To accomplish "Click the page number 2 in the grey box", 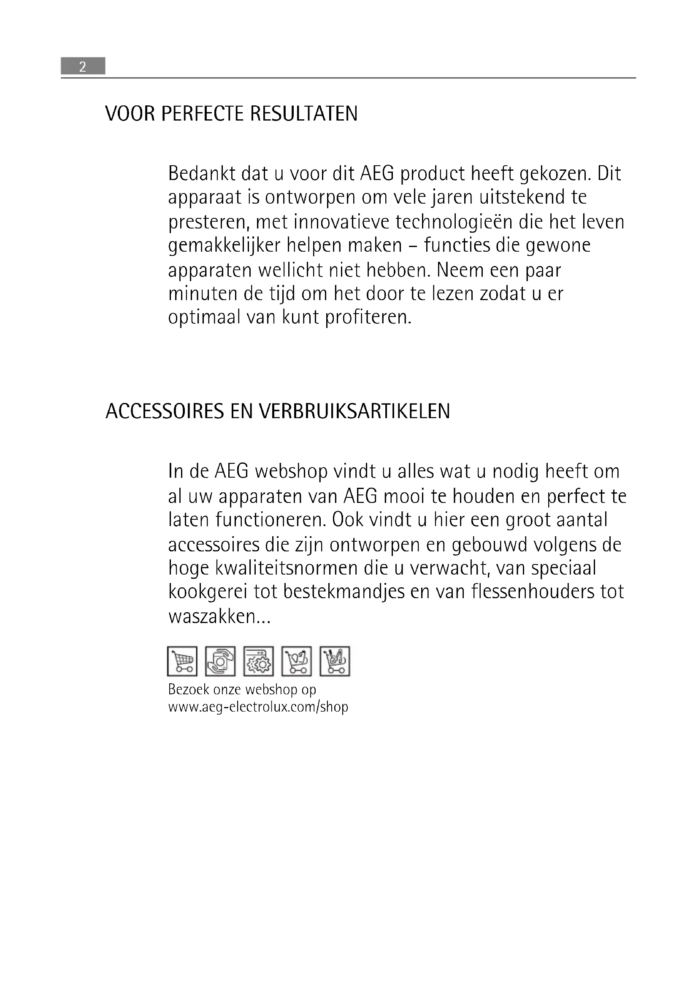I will tap(83, 67).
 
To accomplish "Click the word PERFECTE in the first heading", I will tap(203, 114).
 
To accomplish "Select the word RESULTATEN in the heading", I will tap(304, 114).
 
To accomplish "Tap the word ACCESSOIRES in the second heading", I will tap(165, 411).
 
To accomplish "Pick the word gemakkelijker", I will tap(225, 246).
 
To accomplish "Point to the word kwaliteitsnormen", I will tap(263, 568).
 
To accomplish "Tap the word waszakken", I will tap(219, 617).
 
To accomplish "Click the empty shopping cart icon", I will tap(182, 661).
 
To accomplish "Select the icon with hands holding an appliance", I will tap(220, 661).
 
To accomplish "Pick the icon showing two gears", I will tap(258, 661).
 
